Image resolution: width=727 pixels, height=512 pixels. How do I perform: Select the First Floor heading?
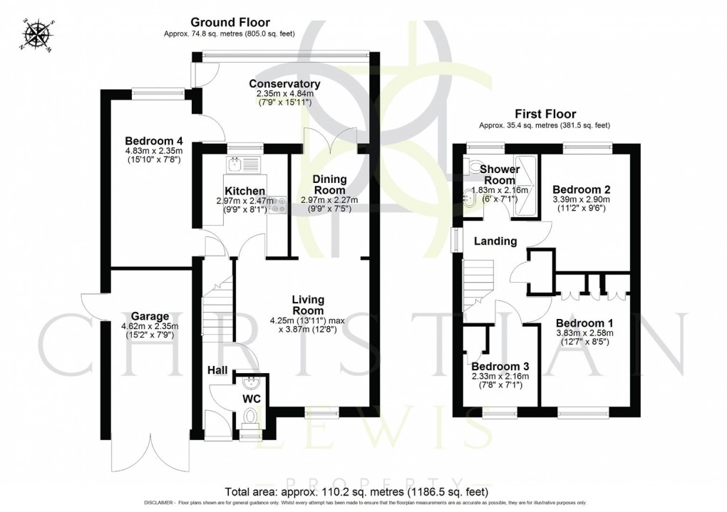(547, 114)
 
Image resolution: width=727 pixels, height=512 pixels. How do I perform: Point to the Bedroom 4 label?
(154, 140)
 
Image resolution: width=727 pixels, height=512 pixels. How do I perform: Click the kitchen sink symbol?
(237, 165)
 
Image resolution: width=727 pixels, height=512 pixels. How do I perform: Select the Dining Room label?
(329, 185)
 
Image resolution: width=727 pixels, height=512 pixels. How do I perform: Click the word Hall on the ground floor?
(217, 370)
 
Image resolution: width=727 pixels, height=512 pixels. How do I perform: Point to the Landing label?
(496, 241)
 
